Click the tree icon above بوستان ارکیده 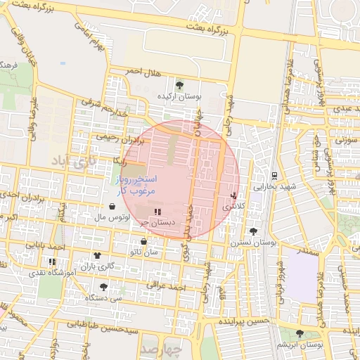click(180, 84)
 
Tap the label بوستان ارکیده click(179, 95)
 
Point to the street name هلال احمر click(143, 72)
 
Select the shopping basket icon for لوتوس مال click(113, 207)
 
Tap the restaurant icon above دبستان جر click(157, 211)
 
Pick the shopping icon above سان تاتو click(143, 241)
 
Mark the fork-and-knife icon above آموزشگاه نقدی click(53, 262)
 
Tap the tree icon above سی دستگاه click(104, 287)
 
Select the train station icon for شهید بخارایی click(274, 176)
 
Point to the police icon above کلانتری click(233, 195)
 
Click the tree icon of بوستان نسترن click(253, 231)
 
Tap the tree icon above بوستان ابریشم click(300, 333)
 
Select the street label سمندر click(308, 249)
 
